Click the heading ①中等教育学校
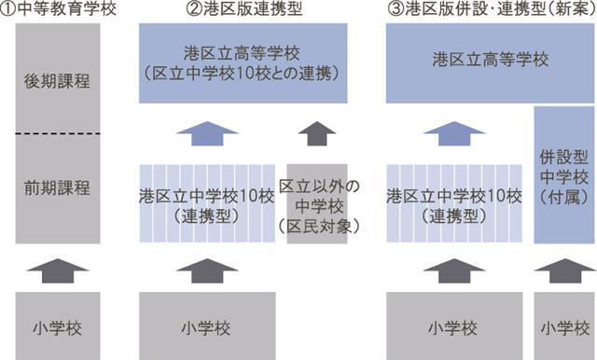coord(58,9)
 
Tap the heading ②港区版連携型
coord(244,9)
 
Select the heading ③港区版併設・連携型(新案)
coord(492,9)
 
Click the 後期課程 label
coord(57,81)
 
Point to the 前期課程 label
coord(57,188)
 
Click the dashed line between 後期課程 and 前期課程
coord(58,133)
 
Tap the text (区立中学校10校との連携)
coord(243,75)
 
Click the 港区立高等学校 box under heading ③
coord(490,63)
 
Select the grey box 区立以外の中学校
coord(317,203)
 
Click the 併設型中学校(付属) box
coord(563,175)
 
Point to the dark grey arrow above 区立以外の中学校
coord(317,133)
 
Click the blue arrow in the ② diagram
coord(207,133)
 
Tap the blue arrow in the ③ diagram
coord(454,133)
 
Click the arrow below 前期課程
coord(58,271)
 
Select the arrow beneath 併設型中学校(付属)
coord(565,271)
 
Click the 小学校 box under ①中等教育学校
coord(58,325)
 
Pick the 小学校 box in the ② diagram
coord(207,325)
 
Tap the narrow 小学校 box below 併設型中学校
coord(563,325)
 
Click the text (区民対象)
coord(319,227)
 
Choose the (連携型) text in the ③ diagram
coord(454,216)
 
